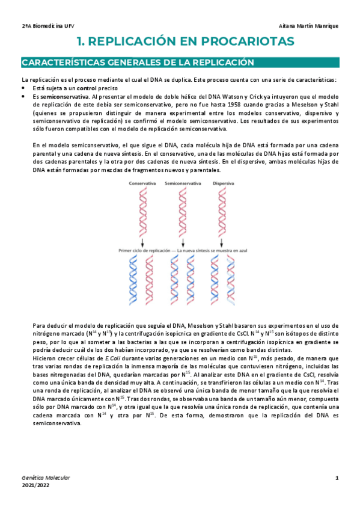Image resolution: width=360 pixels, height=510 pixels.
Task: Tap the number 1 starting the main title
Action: pos(81,41)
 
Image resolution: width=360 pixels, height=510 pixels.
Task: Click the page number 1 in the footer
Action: pos(337,477)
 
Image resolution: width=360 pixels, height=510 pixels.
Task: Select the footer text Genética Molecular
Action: pos(45,478)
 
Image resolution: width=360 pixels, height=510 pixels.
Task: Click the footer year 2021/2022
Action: pos(36,485)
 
